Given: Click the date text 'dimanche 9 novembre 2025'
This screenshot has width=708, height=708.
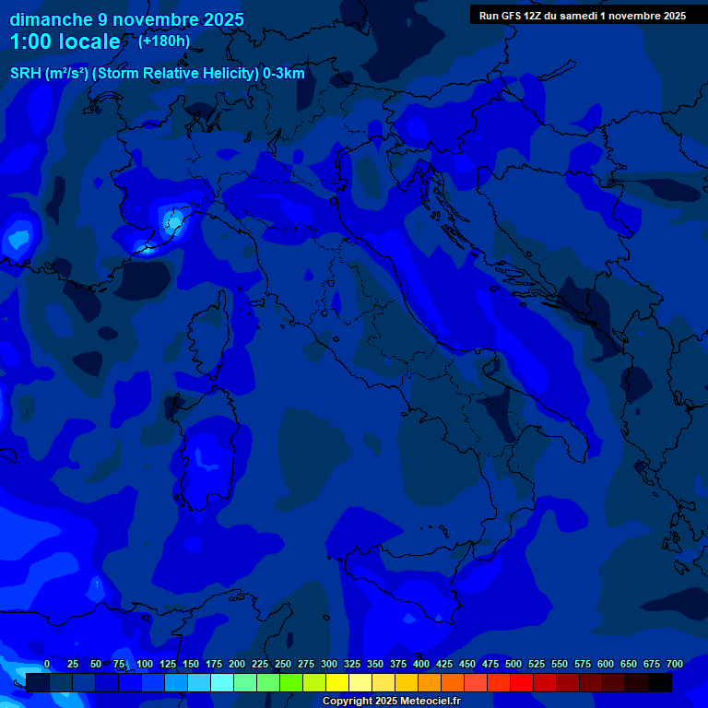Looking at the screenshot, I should pyautogui.click(x=127, y=19).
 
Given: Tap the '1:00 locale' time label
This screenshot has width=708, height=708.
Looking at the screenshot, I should pyautogui.click(x=65, y=41).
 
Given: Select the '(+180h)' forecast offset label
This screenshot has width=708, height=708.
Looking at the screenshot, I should pyautogui.click(x=164, y=41).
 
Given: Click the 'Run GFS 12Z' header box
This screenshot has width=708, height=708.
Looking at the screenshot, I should pyautogui.click(x=582, y=15).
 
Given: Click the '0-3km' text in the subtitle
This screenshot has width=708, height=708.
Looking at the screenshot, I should pyautogui.click(x=283, y=74).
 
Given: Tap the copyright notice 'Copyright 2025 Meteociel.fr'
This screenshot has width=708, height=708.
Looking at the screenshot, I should pyautogui.click(x=391, y=702).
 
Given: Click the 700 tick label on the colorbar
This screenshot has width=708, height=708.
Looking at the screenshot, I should pyautogui.click(x=674, y=664).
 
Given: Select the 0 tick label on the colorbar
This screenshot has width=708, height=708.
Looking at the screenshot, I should pyautogui.click(x=47, y=664).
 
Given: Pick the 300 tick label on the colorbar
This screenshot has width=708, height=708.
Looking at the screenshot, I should pyautogui.click(x=329, y=664).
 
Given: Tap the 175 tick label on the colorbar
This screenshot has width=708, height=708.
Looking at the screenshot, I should pyautogui.click(x=214, y=664).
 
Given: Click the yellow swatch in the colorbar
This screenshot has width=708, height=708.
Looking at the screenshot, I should pyautogui.click(x=337, y=683).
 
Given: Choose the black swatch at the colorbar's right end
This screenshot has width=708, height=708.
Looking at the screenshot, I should pyautogui.click(x=660, y=683).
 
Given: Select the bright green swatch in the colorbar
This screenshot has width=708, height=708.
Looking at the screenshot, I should pyautogui.click(x=291, y=683).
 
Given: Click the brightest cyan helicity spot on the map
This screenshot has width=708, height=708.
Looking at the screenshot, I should pyautogui.click(x=171, y=220).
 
